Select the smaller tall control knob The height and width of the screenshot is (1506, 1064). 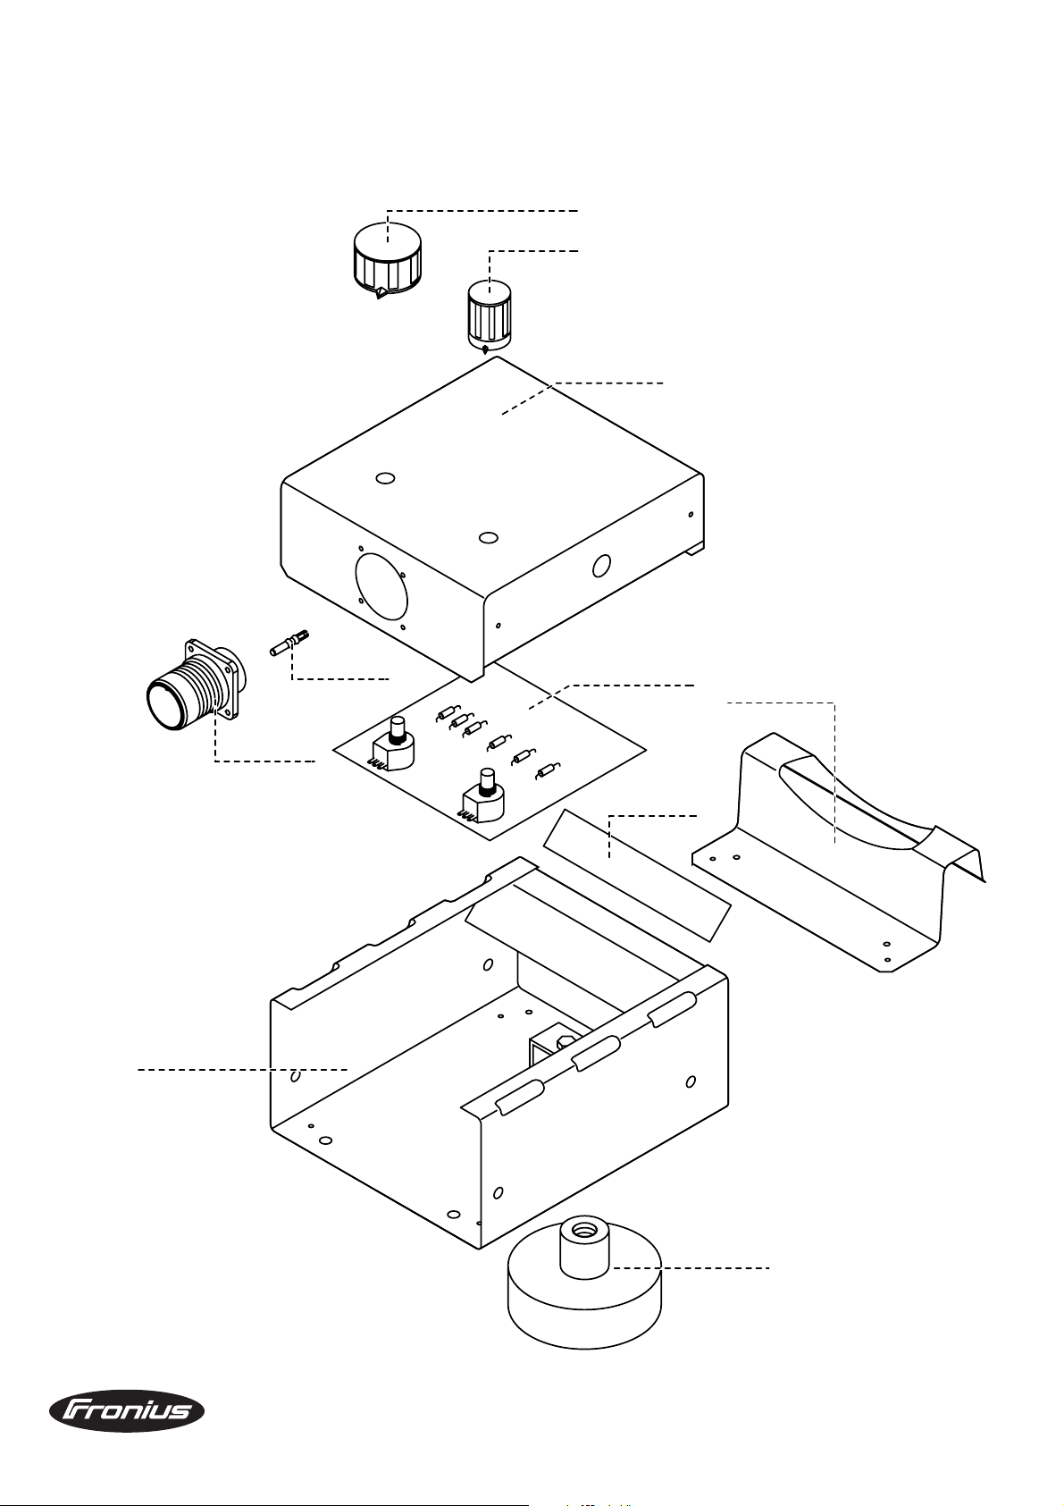tap(490, 313)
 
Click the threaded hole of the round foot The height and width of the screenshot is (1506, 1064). tap(585, 1231)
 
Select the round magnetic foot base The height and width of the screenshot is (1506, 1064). tap(584, 1305)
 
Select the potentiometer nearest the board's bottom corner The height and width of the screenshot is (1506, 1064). tap(482, 795)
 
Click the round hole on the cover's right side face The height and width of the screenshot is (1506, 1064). tap(602, 565)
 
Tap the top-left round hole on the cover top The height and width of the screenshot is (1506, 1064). tap(385, 479)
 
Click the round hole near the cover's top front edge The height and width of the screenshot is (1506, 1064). tap(487, 537)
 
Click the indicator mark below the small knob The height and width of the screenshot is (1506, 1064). tap(484, 350)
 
